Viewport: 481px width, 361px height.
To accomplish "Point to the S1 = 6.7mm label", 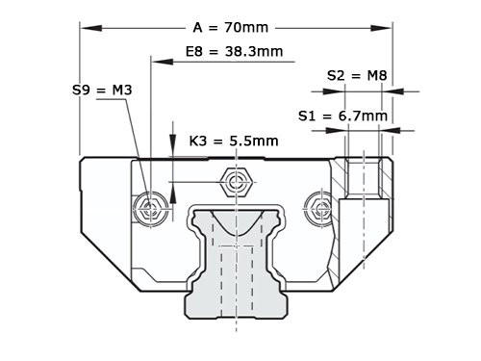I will tap(343, 116).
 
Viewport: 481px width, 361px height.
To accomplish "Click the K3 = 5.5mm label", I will tap(234, 141).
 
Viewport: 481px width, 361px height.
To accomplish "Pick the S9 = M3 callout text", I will tap(102, 90).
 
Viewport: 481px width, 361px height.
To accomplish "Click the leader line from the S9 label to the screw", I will tap(135, 144).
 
